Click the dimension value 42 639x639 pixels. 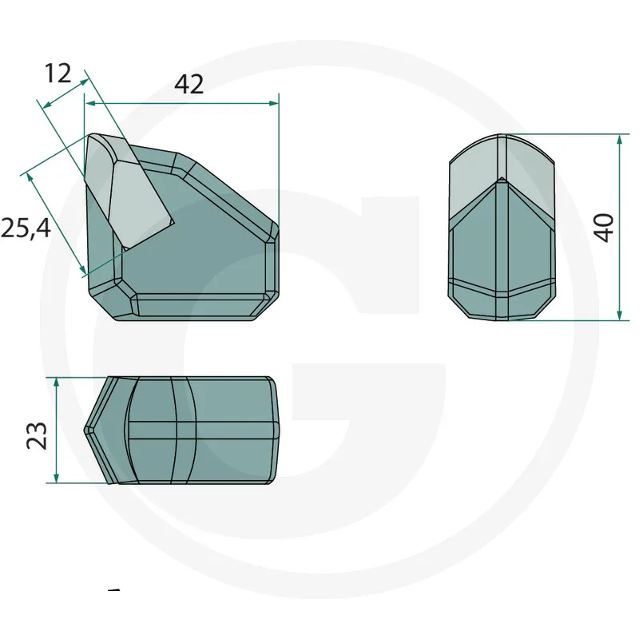coord(189,84)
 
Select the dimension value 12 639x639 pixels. coord(58,73)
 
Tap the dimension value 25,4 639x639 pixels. coord(26,228)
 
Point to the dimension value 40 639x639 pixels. coord(605,228)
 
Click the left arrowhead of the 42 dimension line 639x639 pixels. coord(90,103)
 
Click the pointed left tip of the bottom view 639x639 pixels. coord(86,429)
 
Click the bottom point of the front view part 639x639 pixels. coord(503,320)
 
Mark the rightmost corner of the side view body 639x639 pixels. coord(277,232)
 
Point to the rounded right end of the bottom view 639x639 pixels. coord(276,429)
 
